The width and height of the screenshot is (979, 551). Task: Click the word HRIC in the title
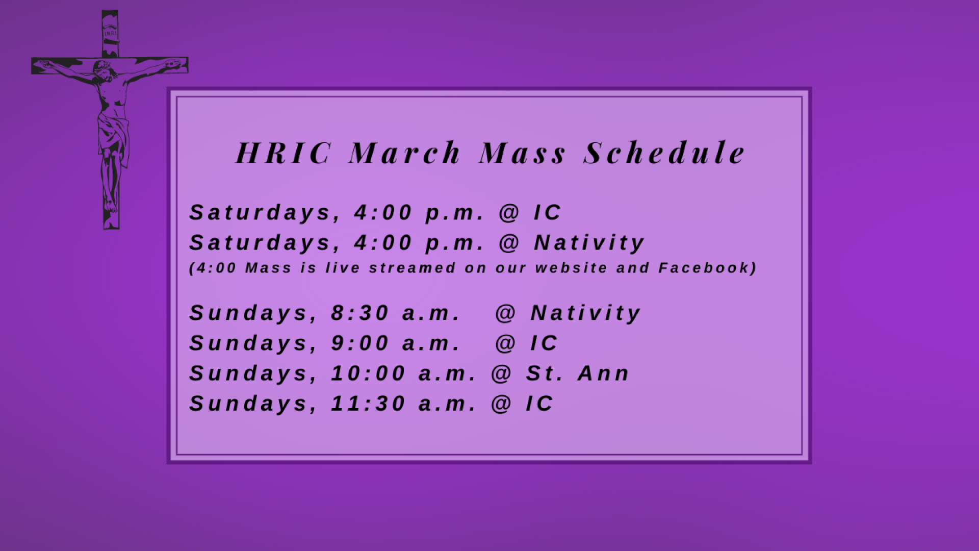(x=284, y=153)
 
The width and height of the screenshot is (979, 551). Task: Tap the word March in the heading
(x=405, y=153)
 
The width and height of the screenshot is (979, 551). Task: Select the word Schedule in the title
(x=664, y=153)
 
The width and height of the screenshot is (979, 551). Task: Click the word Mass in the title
(x=523, y=153)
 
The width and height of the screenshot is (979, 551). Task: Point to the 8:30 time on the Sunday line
(x=360, y=313)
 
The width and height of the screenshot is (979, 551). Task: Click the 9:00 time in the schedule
(x=360, y=343)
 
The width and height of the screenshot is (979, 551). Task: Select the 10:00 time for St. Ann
(x=368, y=373)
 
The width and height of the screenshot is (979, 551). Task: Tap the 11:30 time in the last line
(x=368, y=403)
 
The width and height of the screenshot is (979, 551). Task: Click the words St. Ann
(x=578, y=373)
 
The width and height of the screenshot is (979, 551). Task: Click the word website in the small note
(x=571, y=268)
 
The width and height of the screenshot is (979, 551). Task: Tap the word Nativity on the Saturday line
(x=589, y=242)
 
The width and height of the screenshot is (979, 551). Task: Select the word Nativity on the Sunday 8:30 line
(x=585, y=313)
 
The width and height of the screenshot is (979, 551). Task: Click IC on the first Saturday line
(x=547, y=212)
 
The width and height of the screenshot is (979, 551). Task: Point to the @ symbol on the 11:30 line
(x=501, y=403)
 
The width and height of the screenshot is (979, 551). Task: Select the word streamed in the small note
(x=412, y=268)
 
